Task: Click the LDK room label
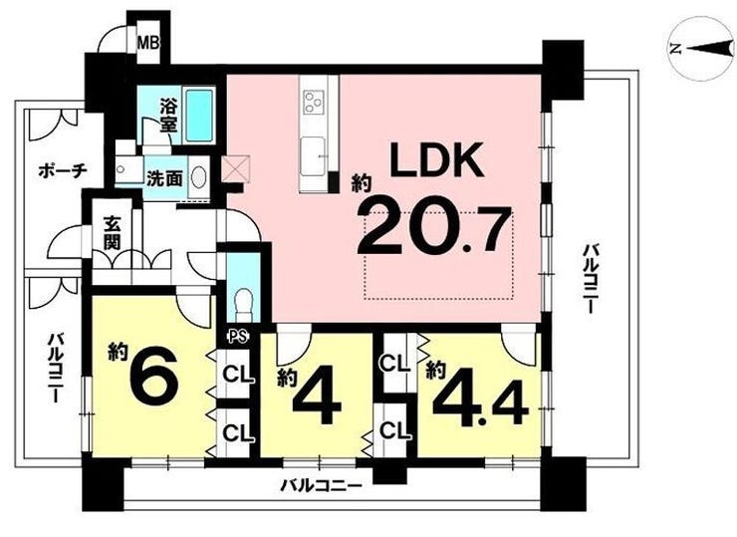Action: coord(437,159)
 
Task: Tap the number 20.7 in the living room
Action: coord(435,230)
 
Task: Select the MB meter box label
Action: coord(148,44)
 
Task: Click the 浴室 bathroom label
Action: coord(168,116)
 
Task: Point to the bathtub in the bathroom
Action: coord(199,116)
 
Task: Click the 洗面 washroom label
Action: coord(164,178)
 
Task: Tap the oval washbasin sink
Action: coord(199,177)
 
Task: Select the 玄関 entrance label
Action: coord(113,233)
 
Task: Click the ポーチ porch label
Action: coord(63,170)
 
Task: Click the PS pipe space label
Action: coord(237,336)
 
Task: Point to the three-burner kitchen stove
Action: coord(313,101)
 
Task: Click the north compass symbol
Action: coord(702,48)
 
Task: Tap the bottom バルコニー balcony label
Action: coord(321,485)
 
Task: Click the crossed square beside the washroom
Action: coord(235,168)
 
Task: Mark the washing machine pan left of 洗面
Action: coord(128,169)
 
